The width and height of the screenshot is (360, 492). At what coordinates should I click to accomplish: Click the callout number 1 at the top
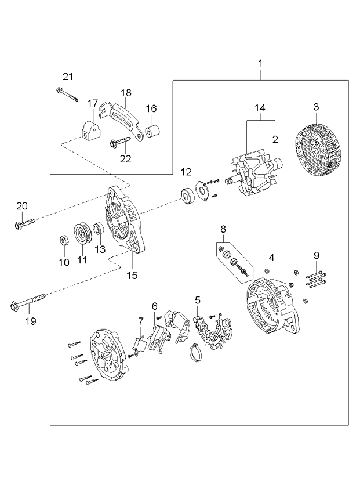tap(260, 63)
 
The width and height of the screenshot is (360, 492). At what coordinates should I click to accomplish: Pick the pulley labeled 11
tap(83, 235)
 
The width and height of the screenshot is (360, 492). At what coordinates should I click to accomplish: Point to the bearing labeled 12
tap(188, 195)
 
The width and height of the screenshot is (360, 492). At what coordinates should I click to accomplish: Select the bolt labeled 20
tap(26, 222)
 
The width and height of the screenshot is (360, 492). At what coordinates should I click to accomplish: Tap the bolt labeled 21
tap(67, 95)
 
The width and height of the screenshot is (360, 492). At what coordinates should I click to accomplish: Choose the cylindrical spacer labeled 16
tap(152, 132)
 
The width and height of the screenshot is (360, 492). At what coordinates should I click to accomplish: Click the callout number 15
tap(132, 275)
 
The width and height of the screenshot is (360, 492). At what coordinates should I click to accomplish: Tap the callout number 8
tap(223, 229)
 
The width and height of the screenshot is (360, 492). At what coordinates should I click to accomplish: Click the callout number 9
tap(316, 255)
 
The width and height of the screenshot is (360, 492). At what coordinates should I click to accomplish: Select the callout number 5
tap(198, 300)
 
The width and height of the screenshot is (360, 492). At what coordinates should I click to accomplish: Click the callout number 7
tap(140, 321)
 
